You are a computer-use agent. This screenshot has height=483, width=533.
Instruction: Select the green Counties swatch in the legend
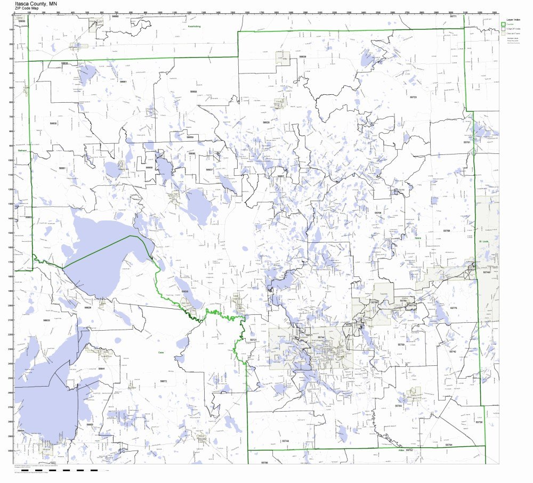pos(503,24)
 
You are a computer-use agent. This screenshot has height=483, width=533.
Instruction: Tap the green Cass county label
pos(160,353)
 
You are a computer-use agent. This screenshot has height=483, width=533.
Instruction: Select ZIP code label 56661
pos(123,81)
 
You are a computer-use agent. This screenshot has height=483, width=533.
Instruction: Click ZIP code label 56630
pos(53,123)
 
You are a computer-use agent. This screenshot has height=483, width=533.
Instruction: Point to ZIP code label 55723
pos(413,97)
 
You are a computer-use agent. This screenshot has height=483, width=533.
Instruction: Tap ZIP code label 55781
pos(467,142)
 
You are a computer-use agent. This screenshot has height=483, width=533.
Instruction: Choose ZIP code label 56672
pos(164,381)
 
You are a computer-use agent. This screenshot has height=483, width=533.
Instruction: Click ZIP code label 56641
pos(101,369)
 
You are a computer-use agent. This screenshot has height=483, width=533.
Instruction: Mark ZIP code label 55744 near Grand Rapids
pos(321,337)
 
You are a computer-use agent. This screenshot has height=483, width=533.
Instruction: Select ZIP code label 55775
pos(454,308)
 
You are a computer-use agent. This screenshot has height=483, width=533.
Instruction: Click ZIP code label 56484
pos(21,430)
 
